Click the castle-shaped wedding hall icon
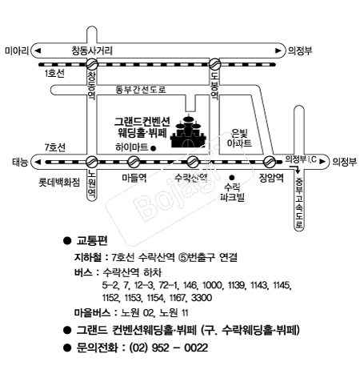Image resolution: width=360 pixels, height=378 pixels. click(x=189, y=131)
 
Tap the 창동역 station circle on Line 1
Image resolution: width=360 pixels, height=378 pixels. click(x=92, y=64)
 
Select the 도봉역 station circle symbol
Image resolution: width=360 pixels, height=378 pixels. click(x=214, y=64)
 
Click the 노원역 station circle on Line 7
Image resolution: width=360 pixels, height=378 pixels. click(x=92, y=162)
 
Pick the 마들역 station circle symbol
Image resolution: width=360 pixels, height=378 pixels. click(x=134, y=162)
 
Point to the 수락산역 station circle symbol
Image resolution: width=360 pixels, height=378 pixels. click(x=193, y=162)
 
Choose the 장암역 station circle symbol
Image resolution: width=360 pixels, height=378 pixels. click(x=270, y=162)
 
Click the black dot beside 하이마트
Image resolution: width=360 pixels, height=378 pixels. click(x=154, y=148)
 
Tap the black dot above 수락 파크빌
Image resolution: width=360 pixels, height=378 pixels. click(x=232, y=177)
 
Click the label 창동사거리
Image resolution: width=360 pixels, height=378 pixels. click(x=92, y=50)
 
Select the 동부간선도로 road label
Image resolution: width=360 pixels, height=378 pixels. click(x=141, y=90)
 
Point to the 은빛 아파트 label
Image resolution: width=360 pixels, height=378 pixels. click(x=239, y=138)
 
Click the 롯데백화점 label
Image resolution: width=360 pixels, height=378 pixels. click(x=59, y=183)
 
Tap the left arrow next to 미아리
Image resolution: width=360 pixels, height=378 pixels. click(x=38, y=50)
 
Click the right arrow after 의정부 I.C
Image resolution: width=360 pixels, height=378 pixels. click(x=322, y=162)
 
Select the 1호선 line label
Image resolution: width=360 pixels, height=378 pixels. click(x=54, y=74)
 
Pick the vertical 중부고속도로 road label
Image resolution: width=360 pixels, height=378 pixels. click(x=299, y=203)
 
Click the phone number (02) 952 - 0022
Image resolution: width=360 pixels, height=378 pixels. click(x=169, y=348)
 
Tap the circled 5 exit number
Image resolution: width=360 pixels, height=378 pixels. click(x=183, y=257)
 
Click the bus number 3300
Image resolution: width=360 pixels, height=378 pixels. click(x=202, y=298)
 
